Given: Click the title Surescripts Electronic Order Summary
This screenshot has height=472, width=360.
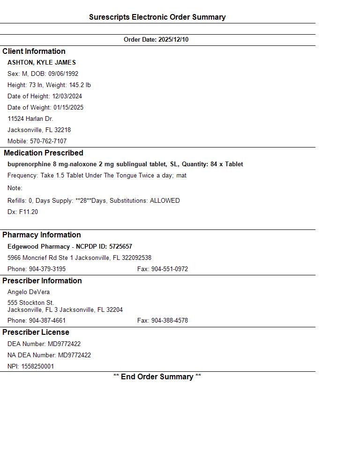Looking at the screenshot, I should pos(157,17).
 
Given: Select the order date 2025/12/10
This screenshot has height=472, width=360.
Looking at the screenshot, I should pos(173,40).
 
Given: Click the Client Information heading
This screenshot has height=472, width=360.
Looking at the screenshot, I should pos(34,52).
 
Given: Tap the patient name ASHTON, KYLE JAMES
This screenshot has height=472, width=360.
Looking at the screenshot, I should pos(42,63).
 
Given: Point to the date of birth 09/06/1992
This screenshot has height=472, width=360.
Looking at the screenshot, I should pos(63,74).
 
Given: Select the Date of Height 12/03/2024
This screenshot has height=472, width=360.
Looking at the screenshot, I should pos(67,96).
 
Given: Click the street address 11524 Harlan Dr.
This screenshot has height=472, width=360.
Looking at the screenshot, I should pos(30,119).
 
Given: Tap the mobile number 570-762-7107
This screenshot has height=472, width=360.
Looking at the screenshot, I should pos(48,141).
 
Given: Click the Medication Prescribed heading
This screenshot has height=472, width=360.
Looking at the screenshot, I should pos(43,153).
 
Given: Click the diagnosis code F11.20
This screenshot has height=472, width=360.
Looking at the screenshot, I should pos(29,212).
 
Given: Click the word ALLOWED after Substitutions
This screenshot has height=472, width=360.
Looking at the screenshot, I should pos(165,201).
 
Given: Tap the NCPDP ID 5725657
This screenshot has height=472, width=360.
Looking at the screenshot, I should pos(120,247).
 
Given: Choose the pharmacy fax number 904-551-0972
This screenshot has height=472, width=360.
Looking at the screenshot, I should pos(169,269).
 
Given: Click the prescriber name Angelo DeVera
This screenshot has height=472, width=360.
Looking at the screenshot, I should pos(29,292).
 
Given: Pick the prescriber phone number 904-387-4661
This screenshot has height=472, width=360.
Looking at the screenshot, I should pos(47,321).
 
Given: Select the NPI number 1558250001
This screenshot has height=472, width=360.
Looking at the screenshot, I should pos(37,367).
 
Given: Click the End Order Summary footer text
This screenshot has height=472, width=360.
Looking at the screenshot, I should pos(157,377).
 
